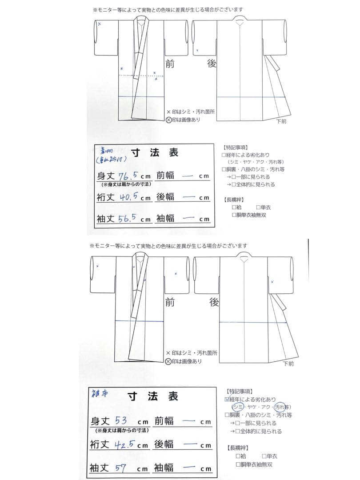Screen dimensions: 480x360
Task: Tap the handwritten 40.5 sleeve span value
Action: tap(129, 197)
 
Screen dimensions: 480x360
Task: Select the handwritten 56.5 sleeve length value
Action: tap(129, 218)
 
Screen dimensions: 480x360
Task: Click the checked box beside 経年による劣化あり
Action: tap(228, 400)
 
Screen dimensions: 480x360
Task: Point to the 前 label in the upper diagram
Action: tap(169, 64)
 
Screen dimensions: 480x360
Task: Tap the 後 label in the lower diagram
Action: tap(214, 303)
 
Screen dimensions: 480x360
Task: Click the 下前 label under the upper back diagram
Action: tap(281, 121)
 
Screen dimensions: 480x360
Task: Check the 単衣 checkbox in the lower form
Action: tap(264, 456)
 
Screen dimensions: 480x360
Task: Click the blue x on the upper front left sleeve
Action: tap(99, 24)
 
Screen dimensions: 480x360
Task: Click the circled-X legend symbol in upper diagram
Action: tap(168, 119)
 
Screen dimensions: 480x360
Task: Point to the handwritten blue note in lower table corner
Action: tap(99, 393)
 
